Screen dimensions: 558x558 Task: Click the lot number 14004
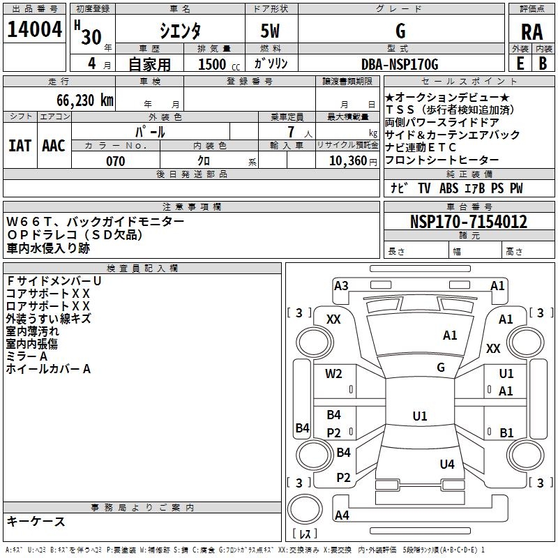[x=34, y=29]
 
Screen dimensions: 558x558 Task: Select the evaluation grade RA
[x=531, y=32]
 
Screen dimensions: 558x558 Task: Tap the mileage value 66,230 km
[x=85, y=100]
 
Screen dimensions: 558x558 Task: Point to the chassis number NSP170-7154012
[x=468, y=221]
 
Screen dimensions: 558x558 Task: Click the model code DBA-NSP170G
[x=400, y=64]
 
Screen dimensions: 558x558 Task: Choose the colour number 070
[x=116, y=161]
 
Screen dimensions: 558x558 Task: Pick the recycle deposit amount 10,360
[x=348, y=161]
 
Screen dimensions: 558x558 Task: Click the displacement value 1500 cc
[x=219, y=64]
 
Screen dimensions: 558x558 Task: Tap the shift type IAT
[x=20, y=146]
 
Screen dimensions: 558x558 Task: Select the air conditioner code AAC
[x=54, y=146]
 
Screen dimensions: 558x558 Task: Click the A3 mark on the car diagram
[x=341, y=286]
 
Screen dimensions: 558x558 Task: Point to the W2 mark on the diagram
[x=333, y=374]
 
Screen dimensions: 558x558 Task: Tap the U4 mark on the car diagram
[x=447, y=464]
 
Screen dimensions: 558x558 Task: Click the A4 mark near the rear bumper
[x=342, y=515]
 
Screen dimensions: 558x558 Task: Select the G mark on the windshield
[x=441, y=367]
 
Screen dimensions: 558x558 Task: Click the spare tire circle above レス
[x=305, y=509]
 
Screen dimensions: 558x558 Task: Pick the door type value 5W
[x=270, y=31]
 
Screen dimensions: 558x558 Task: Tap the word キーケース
[x=36, y=521]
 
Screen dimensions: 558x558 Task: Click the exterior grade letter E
[x=520, y=63]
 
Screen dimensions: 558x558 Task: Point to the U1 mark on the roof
[x=420, y=416]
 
